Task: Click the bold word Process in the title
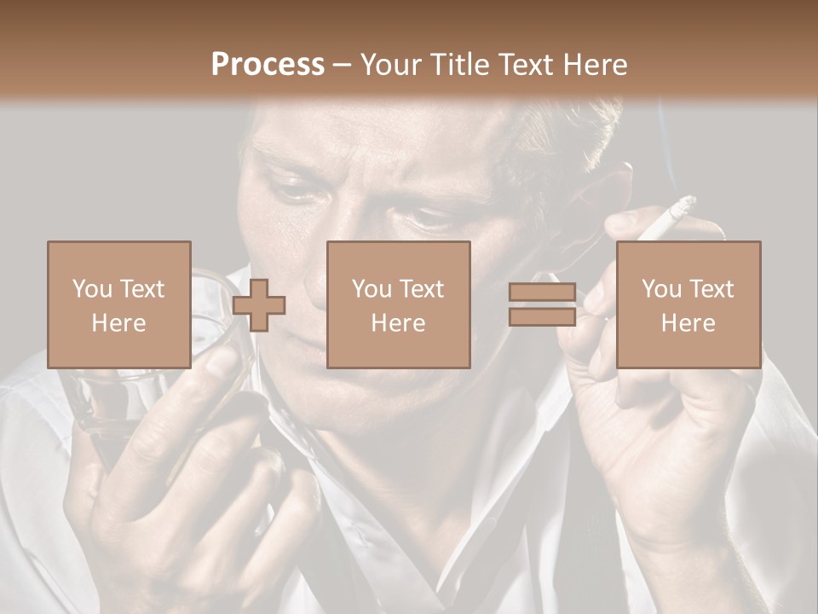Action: click(268, 65)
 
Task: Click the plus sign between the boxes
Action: click(259, 304)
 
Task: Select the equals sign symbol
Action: click(542, 304)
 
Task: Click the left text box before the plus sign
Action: click(118, 304)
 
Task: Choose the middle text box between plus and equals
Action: click(398, 304)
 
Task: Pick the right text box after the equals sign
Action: click(688, 304)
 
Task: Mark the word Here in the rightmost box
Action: click(688, 323)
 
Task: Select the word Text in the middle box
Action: click(421, 289)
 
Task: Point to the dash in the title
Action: click(342, 65)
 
